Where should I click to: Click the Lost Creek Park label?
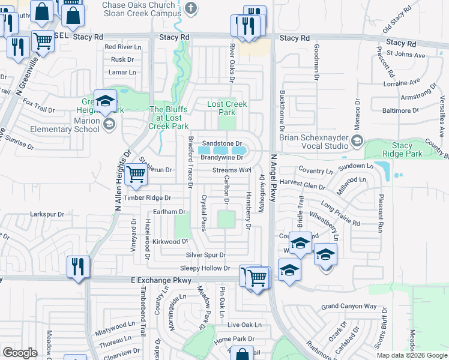[x=227, y=108]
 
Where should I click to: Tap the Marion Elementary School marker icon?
[x=109, y=124]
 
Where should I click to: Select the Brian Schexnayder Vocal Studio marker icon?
[x=357, y=140]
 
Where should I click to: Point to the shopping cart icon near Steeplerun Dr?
[x=137, y=175]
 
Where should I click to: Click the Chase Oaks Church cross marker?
[x=191, y=8]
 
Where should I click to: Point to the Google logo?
[x=20, y=353]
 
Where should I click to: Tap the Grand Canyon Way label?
[x=349, y=307]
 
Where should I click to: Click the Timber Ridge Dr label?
[x=148, y=197]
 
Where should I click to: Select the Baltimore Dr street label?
[x=400, y=110]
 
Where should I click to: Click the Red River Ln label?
[x=122, y=46]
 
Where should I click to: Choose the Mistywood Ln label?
[x=115, y=328]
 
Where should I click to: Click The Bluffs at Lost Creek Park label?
[x=168, y=118]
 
